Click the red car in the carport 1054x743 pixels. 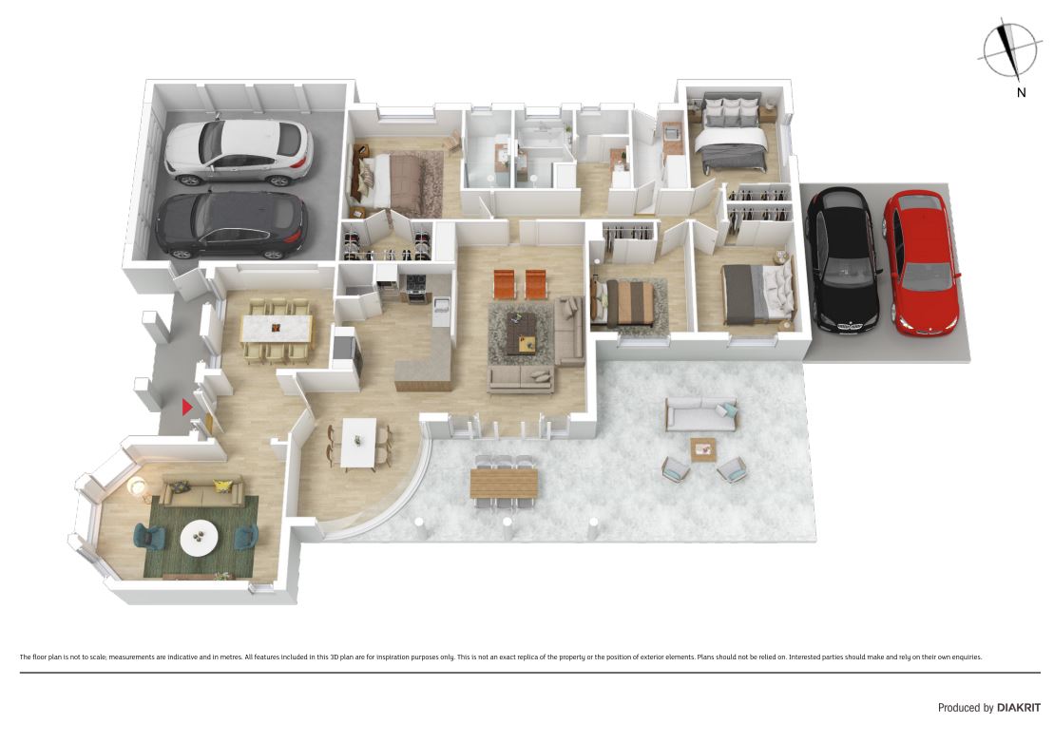click(x=922, y=262)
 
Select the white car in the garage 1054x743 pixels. click(x=239, y=153)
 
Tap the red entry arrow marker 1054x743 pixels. click(x=187, y=407)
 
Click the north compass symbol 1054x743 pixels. click(x=1009, y=49)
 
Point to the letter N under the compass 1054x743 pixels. click(x=1021, y=93)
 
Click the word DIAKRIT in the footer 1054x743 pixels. click(x=1019, y=708)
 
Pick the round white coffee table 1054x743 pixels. click(x=199, y=537)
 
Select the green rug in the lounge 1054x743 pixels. click(x=201, y=538)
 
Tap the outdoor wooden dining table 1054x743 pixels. click(x=504, y=483)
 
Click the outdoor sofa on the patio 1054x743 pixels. click(x=701, y=414)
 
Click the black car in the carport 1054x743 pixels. click(x=842, y=260)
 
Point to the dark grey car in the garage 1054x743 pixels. click(x=232, y=225)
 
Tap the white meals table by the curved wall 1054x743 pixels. click(x=358, y=442)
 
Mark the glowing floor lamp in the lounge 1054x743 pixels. click(x=137, y=485)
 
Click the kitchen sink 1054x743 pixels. click(x=442, y=309)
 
